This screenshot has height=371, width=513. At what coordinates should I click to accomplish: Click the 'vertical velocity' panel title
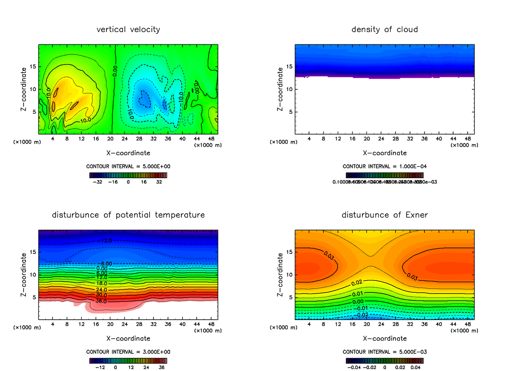click(x=128, y=29)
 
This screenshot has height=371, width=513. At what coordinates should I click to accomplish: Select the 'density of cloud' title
click(x=385, y=29)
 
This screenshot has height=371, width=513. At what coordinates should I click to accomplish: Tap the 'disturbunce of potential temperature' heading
click(x=128, y=215)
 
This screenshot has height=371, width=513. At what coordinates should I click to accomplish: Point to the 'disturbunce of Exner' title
click(x=385, y=215)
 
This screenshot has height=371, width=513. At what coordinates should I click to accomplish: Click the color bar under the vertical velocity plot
click(x=128, y=175)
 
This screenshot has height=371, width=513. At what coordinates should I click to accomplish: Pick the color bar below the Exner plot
click(x=385, y=361)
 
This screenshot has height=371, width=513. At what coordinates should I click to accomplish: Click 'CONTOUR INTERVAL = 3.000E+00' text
click(x=128, y=352)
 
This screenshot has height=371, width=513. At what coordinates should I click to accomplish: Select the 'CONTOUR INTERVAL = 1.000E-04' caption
click(x=385, y=166)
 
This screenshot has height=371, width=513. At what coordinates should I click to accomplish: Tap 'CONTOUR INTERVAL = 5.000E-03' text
click(x=385, y=352)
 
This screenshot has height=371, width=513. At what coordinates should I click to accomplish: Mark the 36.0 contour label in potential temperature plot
click(x=101, y=301)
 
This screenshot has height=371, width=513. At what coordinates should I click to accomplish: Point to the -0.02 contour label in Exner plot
click(x=363, y=315)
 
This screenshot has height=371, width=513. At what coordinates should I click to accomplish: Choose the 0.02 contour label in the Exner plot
click(x=357, y=283)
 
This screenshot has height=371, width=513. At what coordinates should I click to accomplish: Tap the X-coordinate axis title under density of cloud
click(x=385, y=153)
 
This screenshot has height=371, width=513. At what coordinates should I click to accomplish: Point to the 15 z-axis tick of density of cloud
click(x=289, y=67)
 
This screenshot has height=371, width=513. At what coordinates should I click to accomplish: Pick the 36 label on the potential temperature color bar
click(x=162, y=367)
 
